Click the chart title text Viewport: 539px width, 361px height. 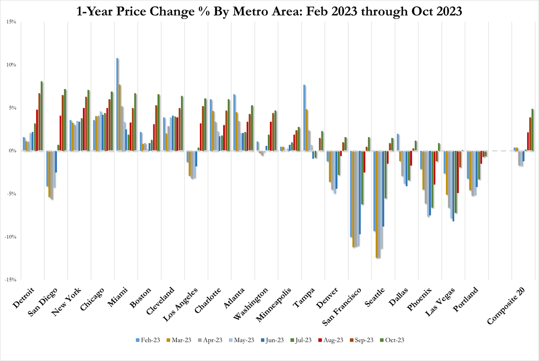269,11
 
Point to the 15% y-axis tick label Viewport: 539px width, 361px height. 11,22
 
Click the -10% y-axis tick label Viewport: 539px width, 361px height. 10,237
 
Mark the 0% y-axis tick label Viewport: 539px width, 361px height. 13,151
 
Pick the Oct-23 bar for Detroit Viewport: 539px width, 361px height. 42,116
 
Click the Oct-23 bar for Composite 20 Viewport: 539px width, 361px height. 533,129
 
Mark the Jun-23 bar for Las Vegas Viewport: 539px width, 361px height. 453,186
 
